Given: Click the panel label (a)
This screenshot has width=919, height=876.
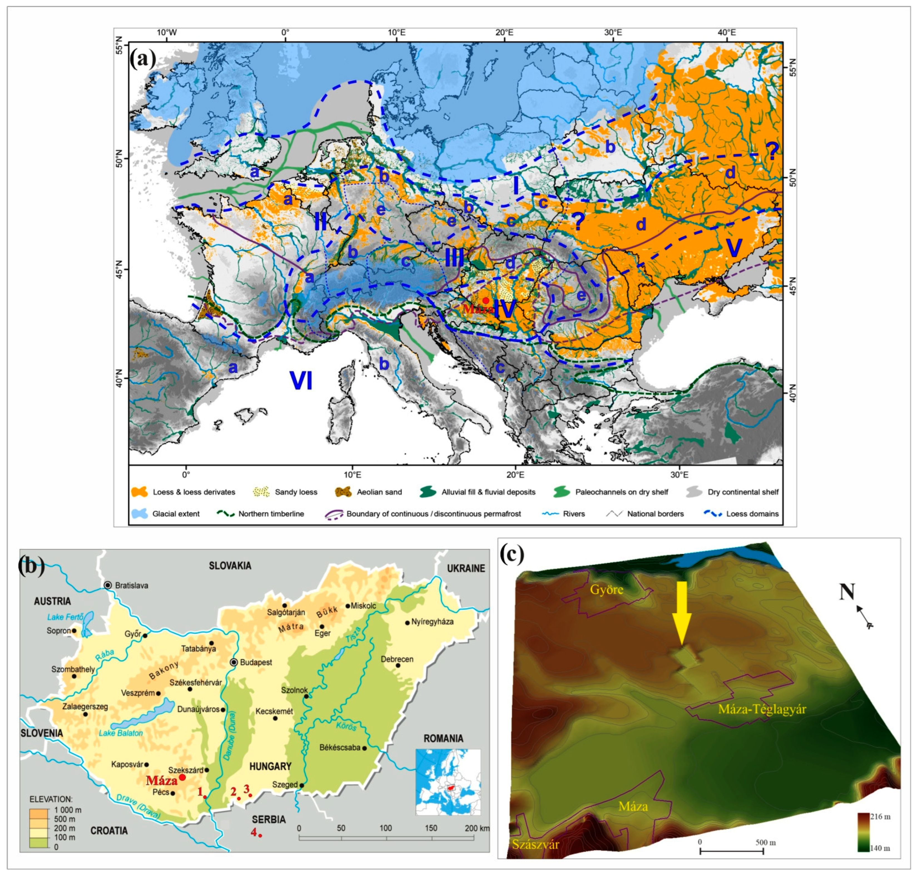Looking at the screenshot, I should (143, 59).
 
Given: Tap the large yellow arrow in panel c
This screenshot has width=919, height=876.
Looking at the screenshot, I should (682, 612).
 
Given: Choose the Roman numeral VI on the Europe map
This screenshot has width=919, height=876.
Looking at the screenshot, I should (301, 381).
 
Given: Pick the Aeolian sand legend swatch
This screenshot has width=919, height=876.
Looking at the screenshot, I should (343, 492).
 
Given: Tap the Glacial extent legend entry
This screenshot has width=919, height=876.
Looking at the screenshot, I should (175, 514).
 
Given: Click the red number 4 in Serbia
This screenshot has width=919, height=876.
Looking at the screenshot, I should (254, 832).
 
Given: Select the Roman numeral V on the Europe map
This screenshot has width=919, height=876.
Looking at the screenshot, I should (734, 248).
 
